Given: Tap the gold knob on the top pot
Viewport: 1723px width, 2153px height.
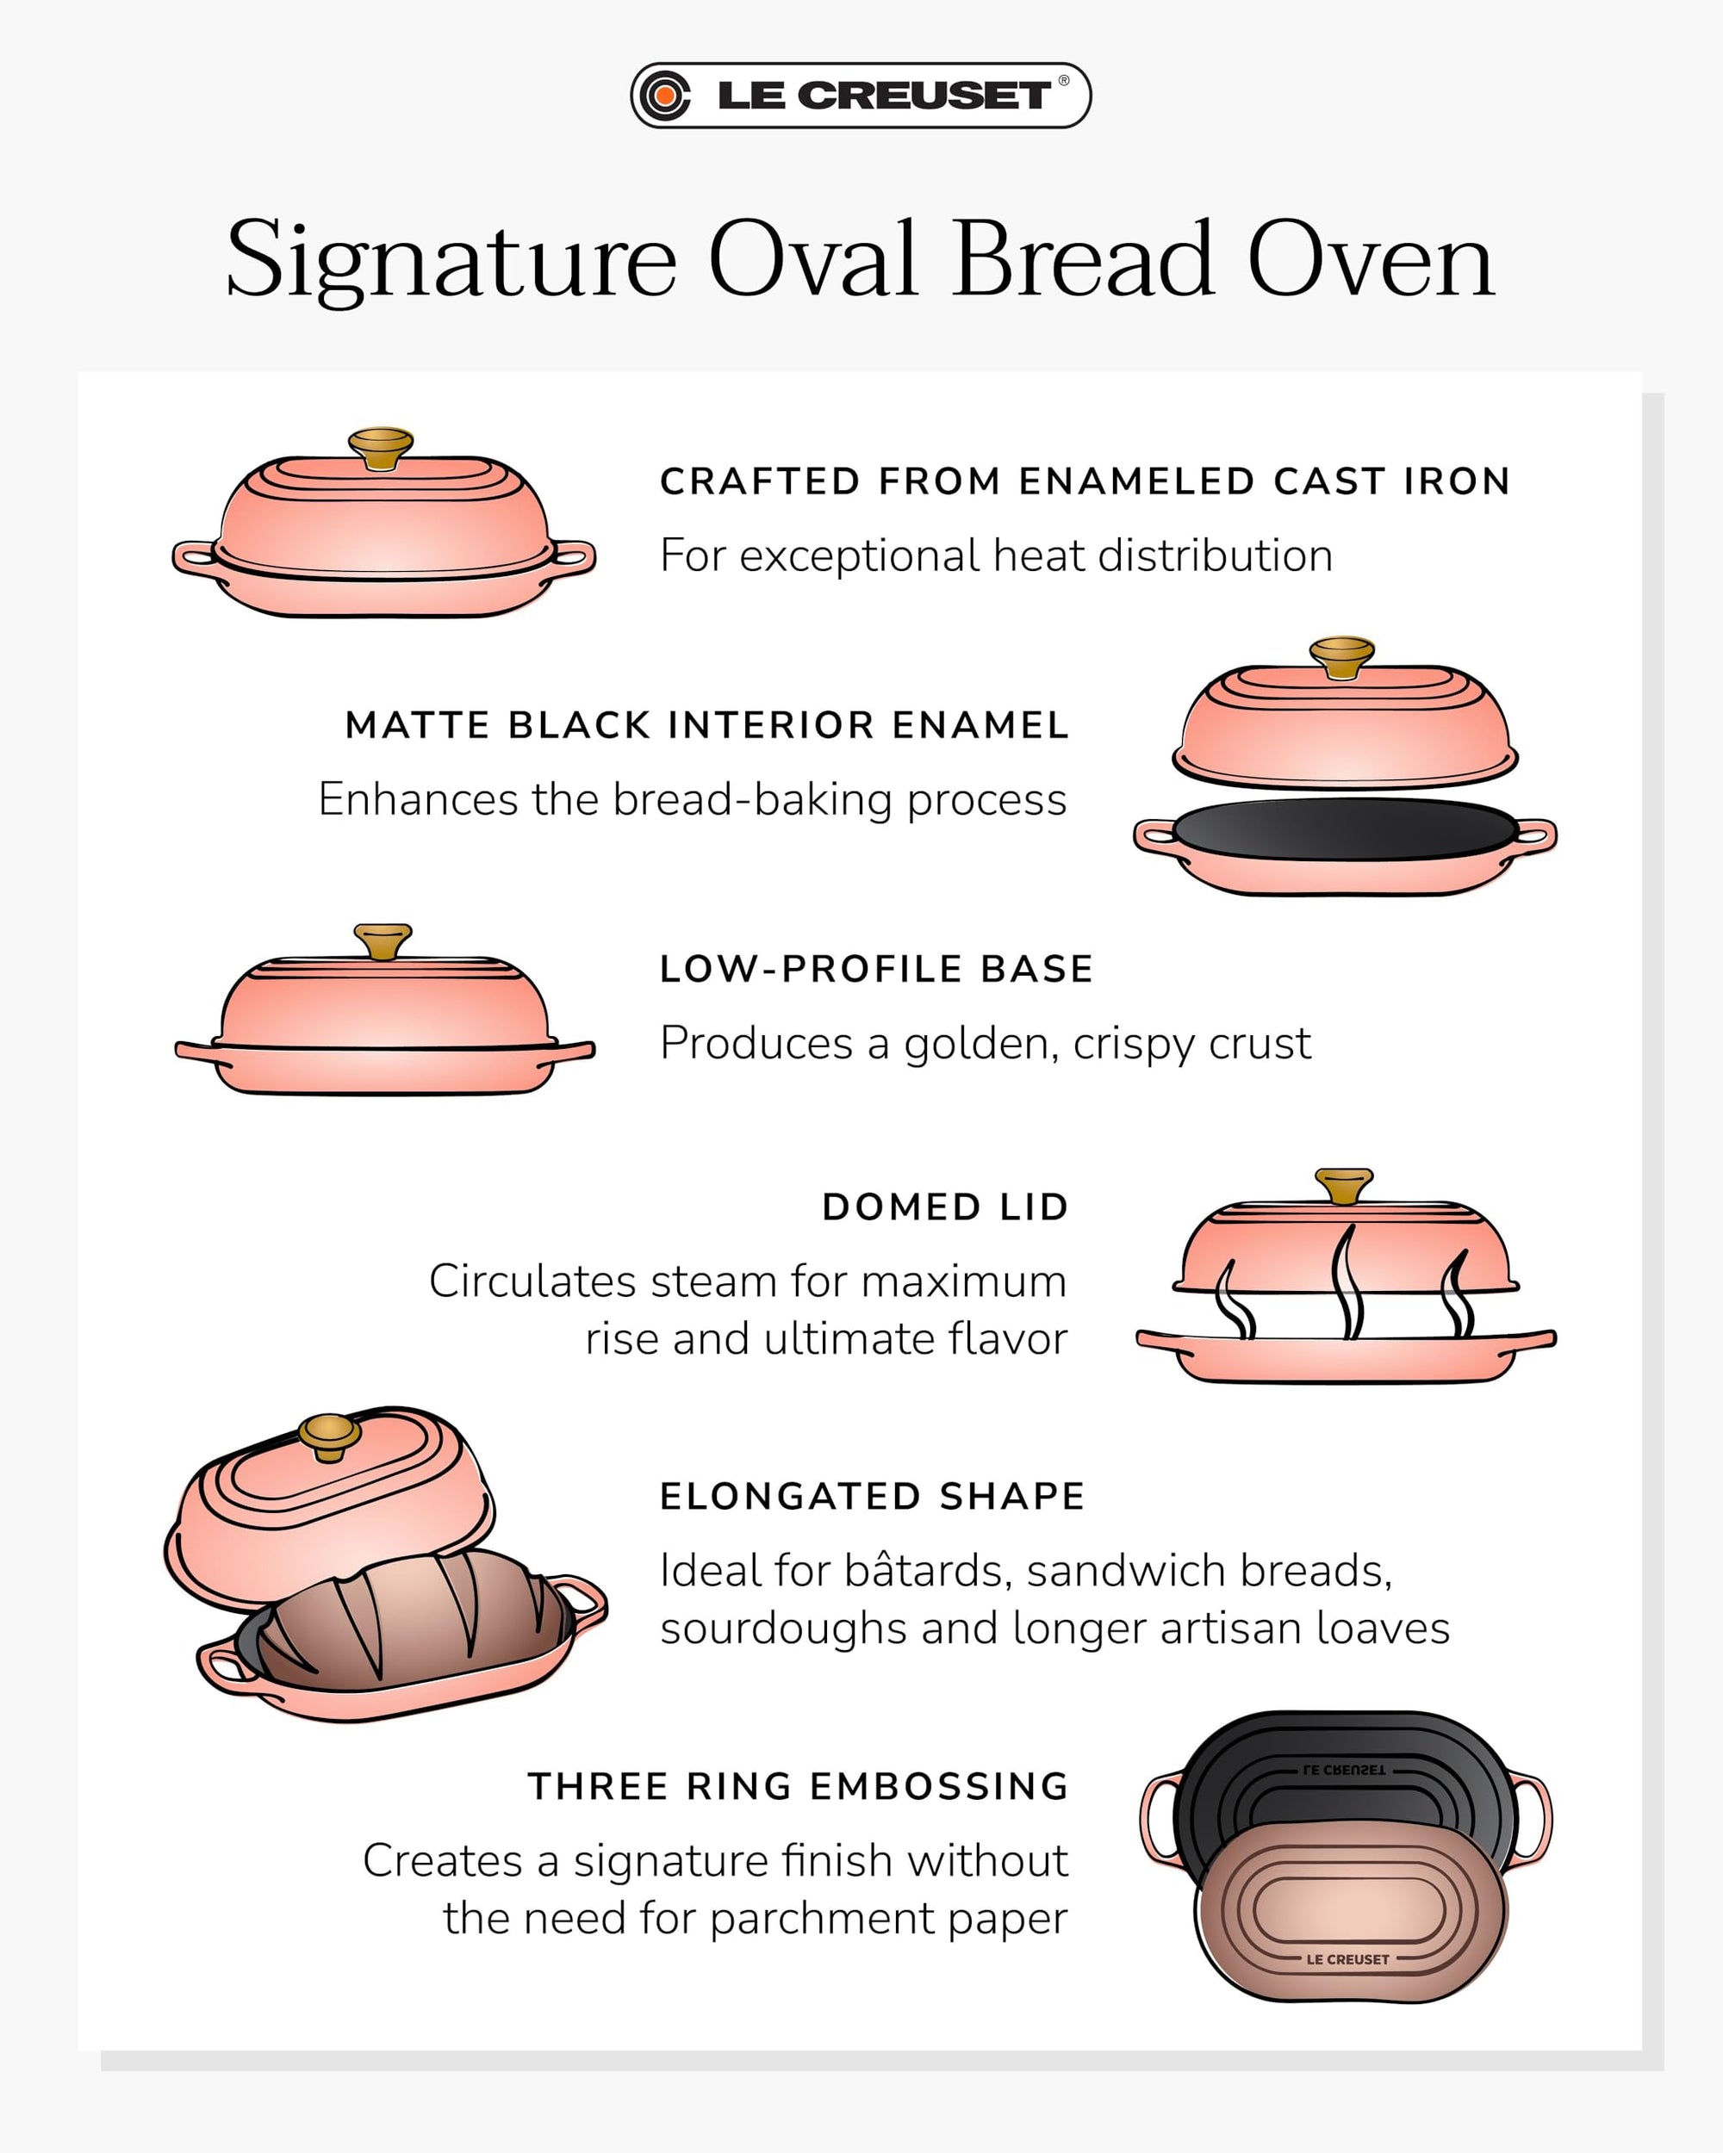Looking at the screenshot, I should [x=381, y=446].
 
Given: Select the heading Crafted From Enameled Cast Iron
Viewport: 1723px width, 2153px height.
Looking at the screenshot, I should [x=1085, y=481].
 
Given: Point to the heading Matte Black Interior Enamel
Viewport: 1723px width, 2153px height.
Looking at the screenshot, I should [x=707, y=725].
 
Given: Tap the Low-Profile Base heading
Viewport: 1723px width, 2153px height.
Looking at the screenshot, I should [x=876, y=969].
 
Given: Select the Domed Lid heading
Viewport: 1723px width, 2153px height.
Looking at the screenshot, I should [x=945, y=1207].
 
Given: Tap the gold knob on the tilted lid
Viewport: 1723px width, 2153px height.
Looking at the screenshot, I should [x=330, y=1436].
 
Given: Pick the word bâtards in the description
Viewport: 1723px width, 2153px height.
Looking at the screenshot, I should [x=928, y=1571].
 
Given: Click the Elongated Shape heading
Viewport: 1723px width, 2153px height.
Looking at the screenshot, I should [x=872, y=1496].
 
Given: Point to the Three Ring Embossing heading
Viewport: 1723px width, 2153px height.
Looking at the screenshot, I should [x=798, y=1785].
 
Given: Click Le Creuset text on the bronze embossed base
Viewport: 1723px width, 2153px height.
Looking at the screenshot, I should [x=1347, y=1959].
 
